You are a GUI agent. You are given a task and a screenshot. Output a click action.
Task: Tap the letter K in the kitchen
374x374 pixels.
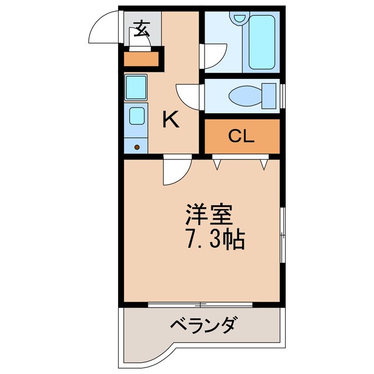pos(170,120)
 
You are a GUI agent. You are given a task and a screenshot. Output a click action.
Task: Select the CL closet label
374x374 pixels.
pos(241,137)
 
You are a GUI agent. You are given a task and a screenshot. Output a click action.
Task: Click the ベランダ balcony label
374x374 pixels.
pos(204,324)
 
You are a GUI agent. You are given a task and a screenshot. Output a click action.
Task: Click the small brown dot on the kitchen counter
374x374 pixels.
pos(137,147)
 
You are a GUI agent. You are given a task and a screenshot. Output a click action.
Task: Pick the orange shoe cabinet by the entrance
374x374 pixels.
pos(142,59)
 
